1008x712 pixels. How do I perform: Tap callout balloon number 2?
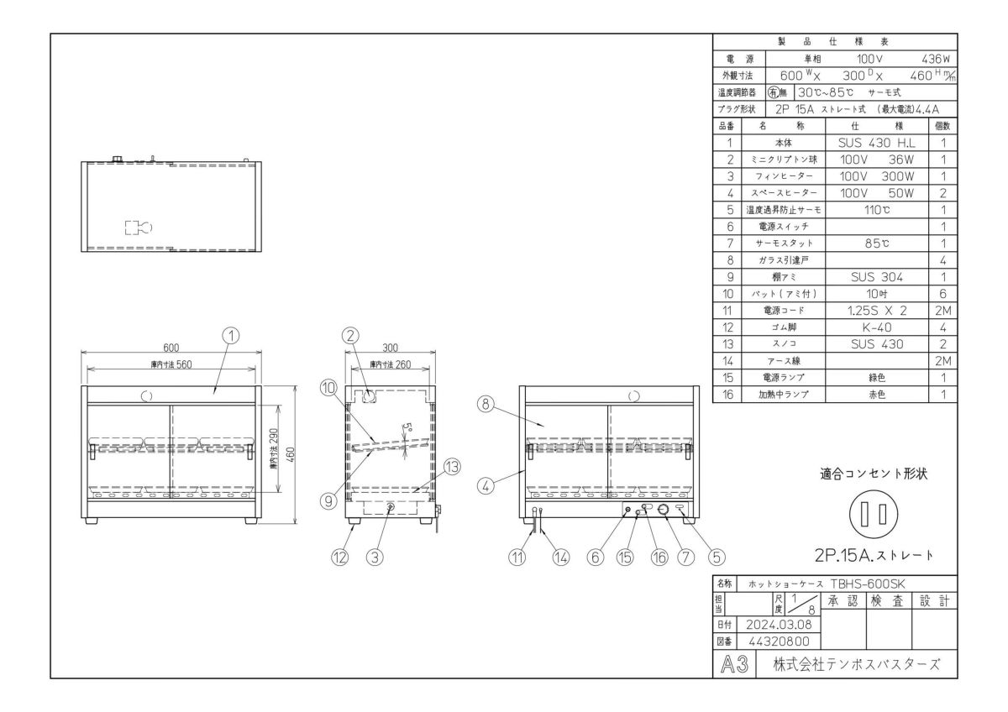[351, 334]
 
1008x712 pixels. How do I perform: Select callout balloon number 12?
[339, 555]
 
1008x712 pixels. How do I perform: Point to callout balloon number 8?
[485, 403]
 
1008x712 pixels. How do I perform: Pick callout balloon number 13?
[450, 469]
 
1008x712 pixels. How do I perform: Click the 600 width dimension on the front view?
[170, 347]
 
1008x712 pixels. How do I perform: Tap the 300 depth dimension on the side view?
[390, 347]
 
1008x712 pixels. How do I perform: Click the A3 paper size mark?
[734, 664]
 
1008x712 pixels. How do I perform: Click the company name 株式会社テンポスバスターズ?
[856, 664]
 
